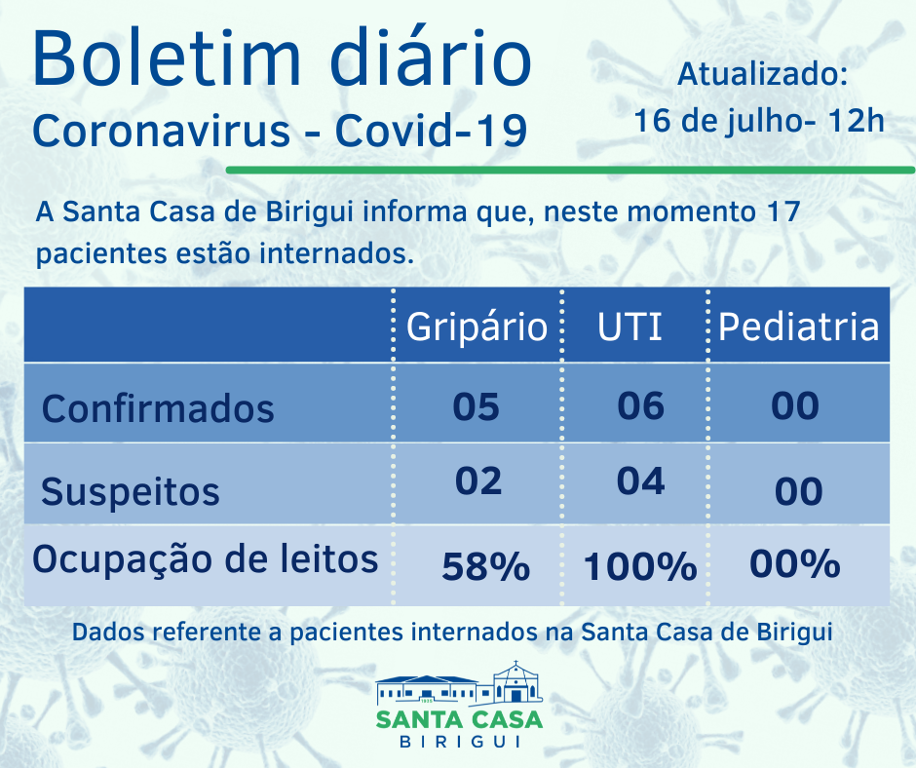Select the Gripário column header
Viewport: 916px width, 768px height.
[477, 326]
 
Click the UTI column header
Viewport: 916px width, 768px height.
[630, 326]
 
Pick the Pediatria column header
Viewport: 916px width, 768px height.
[799, 326]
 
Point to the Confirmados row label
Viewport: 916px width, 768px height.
[158, 407]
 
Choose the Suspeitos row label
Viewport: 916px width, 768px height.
[131, 491]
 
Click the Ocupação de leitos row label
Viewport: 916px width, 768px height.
[206, 559]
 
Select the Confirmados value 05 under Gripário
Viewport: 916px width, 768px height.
[477, 405]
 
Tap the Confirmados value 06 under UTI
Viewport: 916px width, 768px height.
[641, 404]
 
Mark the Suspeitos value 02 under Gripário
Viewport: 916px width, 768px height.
[478, 481]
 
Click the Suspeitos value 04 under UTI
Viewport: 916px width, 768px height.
[641, 481]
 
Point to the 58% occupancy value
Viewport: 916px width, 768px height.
[485, 566]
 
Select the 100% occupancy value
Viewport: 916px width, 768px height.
[640, 566]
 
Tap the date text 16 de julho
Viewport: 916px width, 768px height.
[720, 121]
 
